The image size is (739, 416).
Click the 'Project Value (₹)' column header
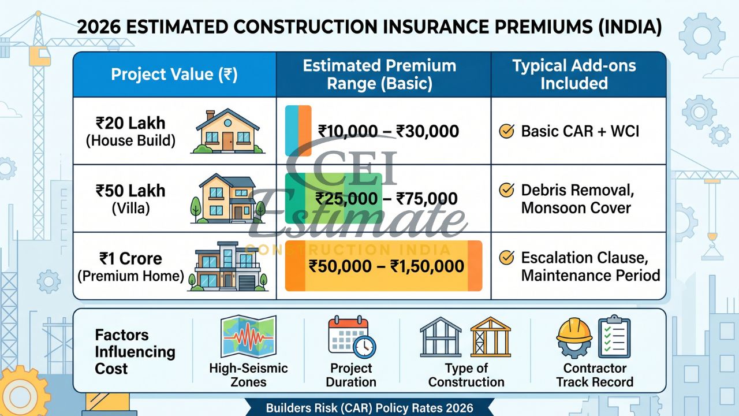tap(174, 75)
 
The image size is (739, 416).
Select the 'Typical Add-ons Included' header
tap(574, 75)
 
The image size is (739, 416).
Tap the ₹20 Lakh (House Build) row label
tap(130, 131)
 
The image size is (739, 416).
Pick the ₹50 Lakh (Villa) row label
tap(130, 199)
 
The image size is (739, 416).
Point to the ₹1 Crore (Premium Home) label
tap(130, 267)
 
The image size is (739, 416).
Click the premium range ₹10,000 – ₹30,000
tap(388, 131)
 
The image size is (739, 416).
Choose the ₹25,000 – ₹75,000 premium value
tap(386, 199)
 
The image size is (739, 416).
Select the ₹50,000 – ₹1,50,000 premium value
tap(386, 266)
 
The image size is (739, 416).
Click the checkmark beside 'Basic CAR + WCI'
tap(506, 131)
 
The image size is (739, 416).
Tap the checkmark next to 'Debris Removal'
tap(506, 190)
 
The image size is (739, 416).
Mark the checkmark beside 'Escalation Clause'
tap(506, 258)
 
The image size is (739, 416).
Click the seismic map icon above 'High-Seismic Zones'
tap(248, 336)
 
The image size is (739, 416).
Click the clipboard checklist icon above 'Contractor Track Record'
tap(614, 336)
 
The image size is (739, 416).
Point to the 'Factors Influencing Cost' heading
tap(135, 351)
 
